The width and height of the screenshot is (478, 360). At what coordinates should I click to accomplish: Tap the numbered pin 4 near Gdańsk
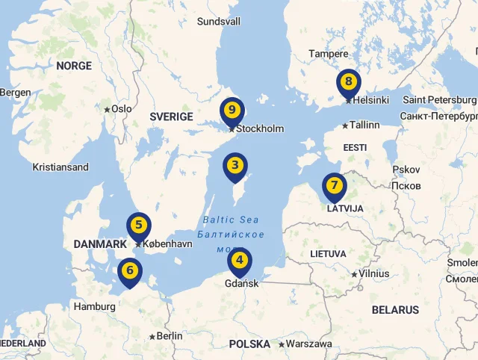point(240,261)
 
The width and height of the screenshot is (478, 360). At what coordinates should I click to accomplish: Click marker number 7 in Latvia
point(334,186)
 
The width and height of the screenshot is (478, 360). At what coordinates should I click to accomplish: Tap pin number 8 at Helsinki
point(348,82)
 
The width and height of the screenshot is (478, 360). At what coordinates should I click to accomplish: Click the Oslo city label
point(121,109)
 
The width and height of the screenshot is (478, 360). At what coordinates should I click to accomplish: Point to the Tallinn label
point(364,125)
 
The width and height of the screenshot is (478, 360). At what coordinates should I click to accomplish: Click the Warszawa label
point(309,344)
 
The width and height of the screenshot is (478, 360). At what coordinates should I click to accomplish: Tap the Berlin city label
point(170,336)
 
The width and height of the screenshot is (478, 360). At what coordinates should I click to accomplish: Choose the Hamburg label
point(95,306)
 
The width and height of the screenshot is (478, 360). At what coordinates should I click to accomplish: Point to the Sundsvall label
point(219,22)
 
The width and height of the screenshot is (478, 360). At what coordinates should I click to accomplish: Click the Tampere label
point(329,54)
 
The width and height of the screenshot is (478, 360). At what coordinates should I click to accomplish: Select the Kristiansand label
point(60,167)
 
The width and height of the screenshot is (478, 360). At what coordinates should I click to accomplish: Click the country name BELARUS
point(395,310)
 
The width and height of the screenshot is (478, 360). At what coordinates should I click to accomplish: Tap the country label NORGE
point(74,66)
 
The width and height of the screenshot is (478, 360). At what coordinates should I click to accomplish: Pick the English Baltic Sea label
point(231,220)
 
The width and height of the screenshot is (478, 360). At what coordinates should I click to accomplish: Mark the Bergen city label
point(16,93)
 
